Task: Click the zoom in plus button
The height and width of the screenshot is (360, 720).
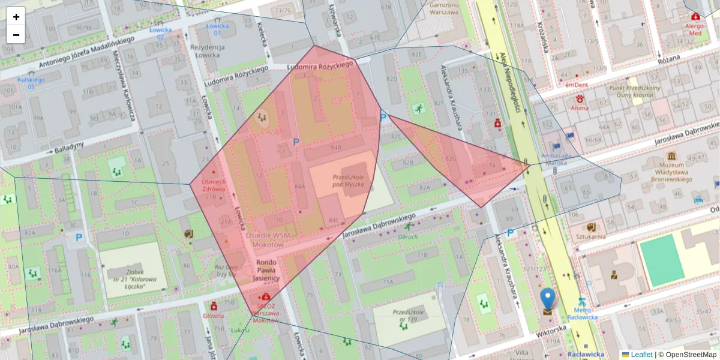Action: [x=16, y=17]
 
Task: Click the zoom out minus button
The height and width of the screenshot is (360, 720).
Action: [x=16, y=35]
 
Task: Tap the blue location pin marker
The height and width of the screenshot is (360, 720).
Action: [x=547, y=301]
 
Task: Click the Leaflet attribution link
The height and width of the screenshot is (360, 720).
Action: [x=641, y=355]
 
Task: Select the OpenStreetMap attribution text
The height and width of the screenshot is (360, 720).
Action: [x=687, y=355]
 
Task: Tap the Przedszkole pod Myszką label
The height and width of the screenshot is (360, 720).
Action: [x=349, y=181]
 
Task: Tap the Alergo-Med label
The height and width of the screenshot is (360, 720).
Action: [x=695, y=29]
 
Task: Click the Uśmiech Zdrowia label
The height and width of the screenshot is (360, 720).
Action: [x=213, y=185]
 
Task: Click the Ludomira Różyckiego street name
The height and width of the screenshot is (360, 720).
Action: [x=319, y=66]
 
